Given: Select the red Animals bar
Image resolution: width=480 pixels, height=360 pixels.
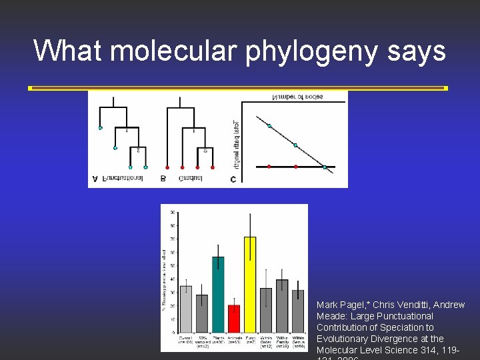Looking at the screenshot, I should pyautogui.click(x=234, y=319).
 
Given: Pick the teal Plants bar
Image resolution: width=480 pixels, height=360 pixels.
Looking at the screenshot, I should pyautogui.click(x=218, y=294).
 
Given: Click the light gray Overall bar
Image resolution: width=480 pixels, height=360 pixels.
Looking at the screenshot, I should pyautogui.click(x=186, y=309).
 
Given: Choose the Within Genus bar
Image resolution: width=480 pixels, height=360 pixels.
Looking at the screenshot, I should pyautogui.click(x=298, y=311).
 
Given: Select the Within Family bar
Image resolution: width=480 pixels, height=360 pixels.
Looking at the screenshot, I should pyautogui.click(x=282, y=305).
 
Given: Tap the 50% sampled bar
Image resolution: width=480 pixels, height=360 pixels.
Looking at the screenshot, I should pyautogui.click(x=202, y=313).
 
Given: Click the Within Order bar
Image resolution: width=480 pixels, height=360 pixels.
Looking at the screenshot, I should pyautogui.click(x=266, y=310).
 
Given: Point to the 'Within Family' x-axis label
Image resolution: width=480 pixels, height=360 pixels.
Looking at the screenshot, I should pyautogui.click(x=282, y=341).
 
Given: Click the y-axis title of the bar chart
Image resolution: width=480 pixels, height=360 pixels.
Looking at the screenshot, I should pyautogui.click(x=165, y=280).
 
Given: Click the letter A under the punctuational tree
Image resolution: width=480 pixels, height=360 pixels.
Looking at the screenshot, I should pyautogui.click(x=95, y=179).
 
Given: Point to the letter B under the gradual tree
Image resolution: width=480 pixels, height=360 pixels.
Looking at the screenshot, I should pyautogui.click(x=163, y=179).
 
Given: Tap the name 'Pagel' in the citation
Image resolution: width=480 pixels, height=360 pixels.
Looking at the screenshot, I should pyautogui.click(x=354, y=305).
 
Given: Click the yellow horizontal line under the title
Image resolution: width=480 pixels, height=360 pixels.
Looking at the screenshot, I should pyautogui.click(x=238, y=88).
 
